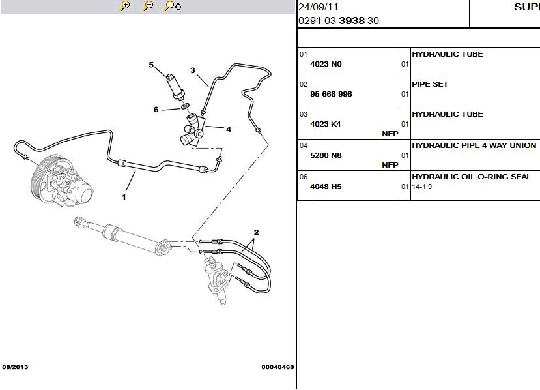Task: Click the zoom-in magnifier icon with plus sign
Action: point(124,6)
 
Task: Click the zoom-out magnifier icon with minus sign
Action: point(148,6)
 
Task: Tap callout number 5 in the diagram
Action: point(151,65)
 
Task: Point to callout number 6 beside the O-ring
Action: point(156,110)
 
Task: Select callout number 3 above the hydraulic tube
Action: point(193,70)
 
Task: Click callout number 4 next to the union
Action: point(229,129)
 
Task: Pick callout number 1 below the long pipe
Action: point(124,197)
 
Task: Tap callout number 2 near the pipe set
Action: point(256,232)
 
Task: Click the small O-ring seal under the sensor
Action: point(185,106)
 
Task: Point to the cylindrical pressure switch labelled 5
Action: point(175,87)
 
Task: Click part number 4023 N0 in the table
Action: point(326,64)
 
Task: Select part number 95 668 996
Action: point(331,94)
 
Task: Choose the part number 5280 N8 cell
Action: point(326,155)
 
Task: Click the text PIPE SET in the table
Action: point(430,84)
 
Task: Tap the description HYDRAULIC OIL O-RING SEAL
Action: point(471,177)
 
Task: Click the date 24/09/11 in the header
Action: point(319,7)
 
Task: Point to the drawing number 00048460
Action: point(277,367)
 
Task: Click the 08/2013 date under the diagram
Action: point(15,367)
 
